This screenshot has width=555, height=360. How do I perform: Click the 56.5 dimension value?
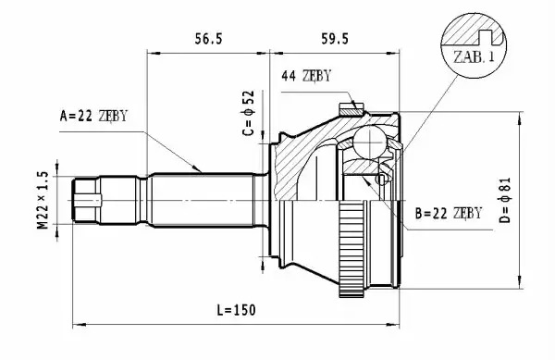click(208, 39)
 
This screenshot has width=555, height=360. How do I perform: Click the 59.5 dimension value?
click(335, 39)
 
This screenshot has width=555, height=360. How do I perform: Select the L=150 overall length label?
click(236, 310)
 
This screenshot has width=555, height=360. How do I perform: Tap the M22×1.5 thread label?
click(43, 200)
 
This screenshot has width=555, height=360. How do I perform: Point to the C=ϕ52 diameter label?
click(249, 113)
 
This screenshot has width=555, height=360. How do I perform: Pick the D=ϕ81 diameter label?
click(505, 200)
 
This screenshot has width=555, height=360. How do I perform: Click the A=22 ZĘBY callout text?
click(93, 116)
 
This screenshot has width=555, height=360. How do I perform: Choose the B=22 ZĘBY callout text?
click(448, 213)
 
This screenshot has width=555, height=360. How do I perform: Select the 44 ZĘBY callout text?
click(306, 76)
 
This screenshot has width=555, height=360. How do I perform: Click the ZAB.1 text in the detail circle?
click(474, 57)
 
